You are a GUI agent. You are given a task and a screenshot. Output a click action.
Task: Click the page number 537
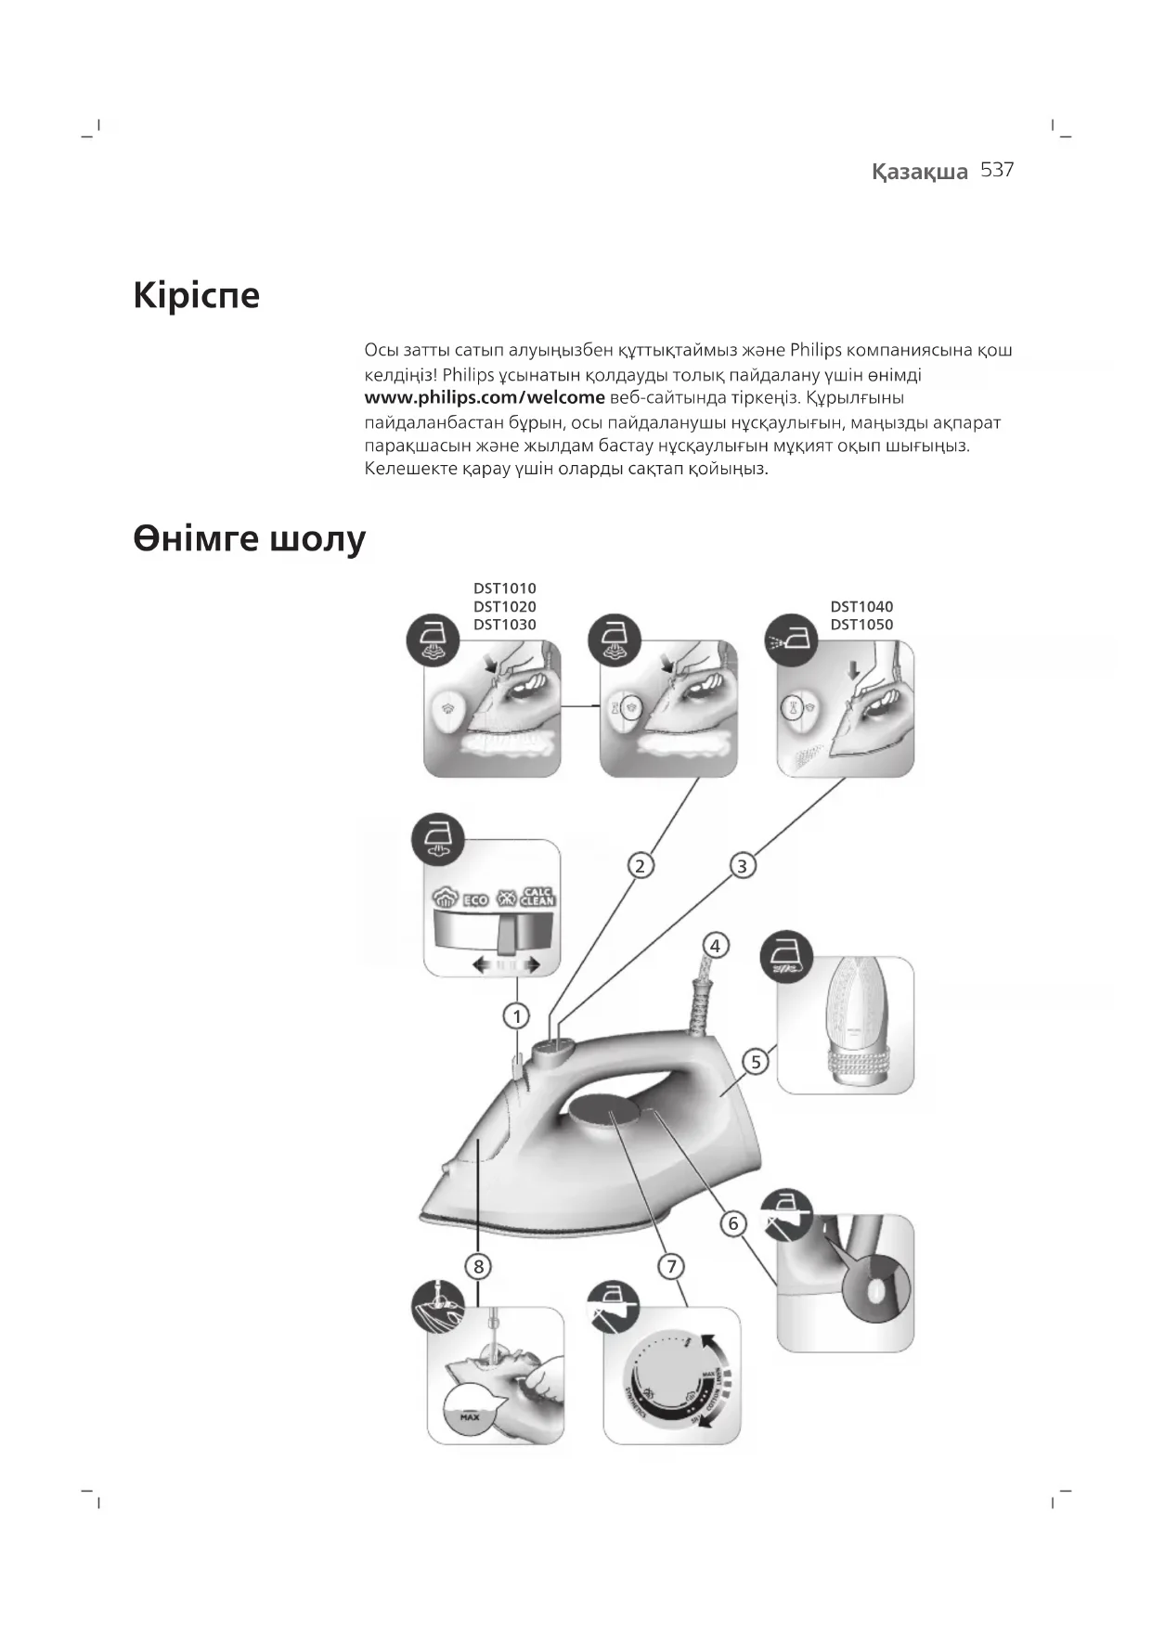[997, 170]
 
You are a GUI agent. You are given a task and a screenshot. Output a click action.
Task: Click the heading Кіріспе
[197, 295]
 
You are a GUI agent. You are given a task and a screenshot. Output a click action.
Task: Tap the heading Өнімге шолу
[250, 538]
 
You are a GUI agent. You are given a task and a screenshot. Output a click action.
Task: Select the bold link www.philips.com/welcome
[485, 398]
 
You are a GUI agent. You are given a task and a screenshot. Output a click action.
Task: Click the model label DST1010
[504, 588]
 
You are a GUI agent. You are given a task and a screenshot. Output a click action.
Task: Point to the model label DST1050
[861, 625]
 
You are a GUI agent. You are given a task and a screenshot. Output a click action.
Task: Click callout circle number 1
[516, 1016]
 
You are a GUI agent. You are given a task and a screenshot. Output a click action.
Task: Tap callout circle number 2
[640, 866]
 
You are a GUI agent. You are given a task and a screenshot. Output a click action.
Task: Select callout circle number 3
[742, 866]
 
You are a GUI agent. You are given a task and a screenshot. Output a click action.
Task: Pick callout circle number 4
[715, 946]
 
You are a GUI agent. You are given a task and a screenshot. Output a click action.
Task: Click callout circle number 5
[756, 1062]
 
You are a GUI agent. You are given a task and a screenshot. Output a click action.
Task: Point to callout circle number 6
[733, 1223]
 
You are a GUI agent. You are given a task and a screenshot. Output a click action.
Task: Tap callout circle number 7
[671, 1266]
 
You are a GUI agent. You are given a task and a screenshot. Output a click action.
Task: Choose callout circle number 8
[478, 1266]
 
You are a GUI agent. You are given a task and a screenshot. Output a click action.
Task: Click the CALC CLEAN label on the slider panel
[537, 897]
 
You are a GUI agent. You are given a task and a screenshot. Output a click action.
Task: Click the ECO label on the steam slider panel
[475, 899]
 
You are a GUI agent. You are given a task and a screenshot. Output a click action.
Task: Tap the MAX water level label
[470, 1417]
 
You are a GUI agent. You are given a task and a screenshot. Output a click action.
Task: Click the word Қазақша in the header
[919, 172]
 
